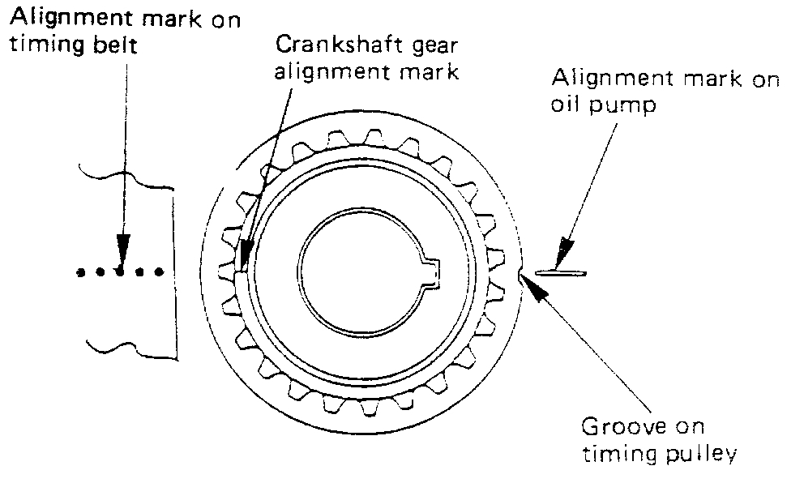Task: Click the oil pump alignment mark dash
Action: (565, 272)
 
